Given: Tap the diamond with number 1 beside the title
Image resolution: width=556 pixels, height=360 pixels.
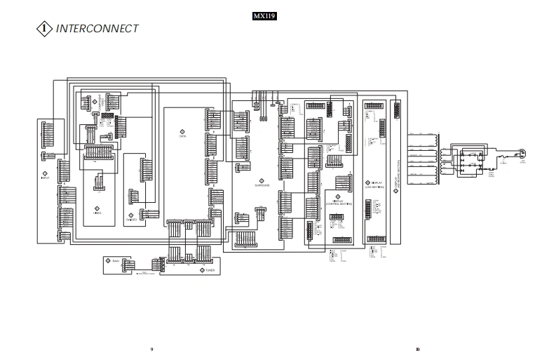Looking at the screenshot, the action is coord(43,29).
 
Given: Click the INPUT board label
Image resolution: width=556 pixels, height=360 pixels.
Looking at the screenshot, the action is coord(46,178).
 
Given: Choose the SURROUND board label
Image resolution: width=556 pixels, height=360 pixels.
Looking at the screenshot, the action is coord(260,185).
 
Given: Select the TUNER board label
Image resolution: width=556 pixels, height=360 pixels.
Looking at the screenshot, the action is coord(210,269).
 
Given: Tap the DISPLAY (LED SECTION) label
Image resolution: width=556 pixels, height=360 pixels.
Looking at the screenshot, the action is coord(372,187).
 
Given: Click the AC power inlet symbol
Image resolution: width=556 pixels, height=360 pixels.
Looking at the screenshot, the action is coord(522,152).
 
